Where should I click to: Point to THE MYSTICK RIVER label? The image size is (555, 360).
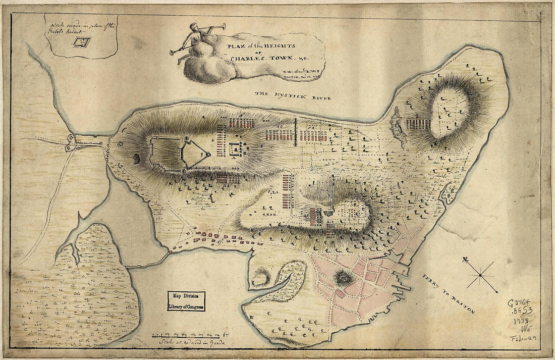tap(293, 95)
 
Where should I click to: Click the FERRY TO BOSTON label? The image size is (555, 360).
tap(447, 294)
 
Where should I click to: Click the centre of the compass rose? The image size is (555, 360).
tap(481, 275)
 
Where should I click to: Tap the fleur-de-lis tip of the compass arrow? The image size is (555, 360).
tap(465, 260)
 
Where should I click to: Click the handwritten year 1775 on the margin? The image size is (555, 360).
tap(521, 322)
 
